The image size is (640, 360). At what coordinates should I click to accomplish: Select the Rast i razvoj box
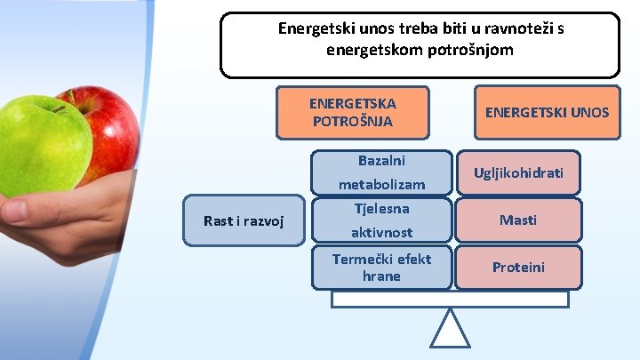(x=244, y=220)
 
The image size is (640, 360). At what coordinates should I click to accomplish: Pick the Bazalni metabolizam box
(x=381, y=172)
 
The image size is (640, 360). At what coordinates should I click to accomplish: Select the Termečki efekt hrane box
(x=381, y=268)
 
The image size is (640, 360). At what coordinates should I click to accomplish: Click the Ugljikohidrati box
(x=518, y=172)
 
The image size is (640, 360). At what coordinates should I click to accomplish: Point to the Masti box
(x=518, y=220)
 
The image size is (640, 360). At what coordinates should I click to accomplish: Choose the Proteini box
(x=518, y=268)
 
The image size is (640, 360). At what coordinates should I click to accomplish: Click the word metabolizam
(x=381, y=185)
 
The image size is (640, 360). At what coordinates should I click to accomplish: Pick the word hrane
(x=381, y=276)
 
